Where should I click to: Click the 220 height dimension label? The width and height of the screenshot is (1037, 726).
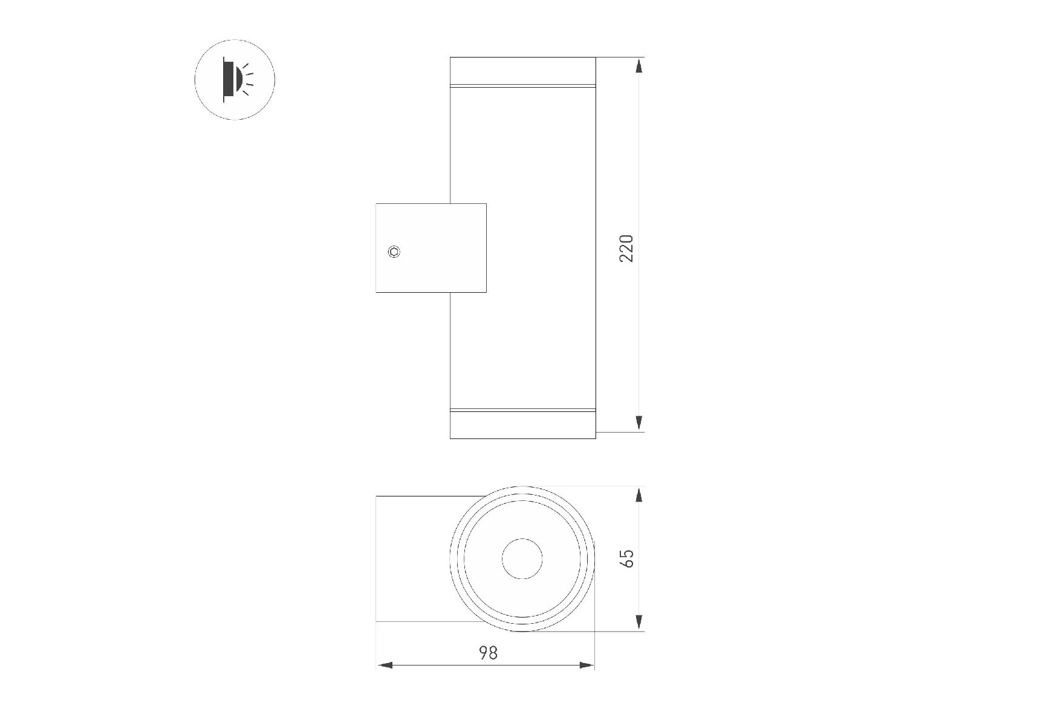(x=627, y=248)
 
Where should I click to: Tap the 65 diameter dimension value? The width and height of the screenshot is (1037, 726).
(x=628, y=558)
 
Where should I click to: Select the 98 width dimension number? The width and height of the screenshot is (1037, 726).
(x=489, y=653)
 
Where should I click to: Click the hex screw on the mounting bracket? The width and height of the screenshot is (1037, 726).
(x=394, y=251)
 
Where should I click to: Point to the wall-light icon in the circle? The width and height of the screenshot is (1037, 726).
(x=235, y=80)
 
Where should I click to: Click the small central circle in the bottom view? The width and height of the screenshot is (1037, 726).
(x=522, y=558)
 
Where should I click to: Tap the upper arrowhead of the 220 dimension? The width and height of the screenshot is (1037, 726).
(x=639, y=65)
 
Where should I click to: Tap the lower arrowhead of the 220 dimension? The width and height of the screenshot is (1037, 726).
(x=639, y=423)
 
